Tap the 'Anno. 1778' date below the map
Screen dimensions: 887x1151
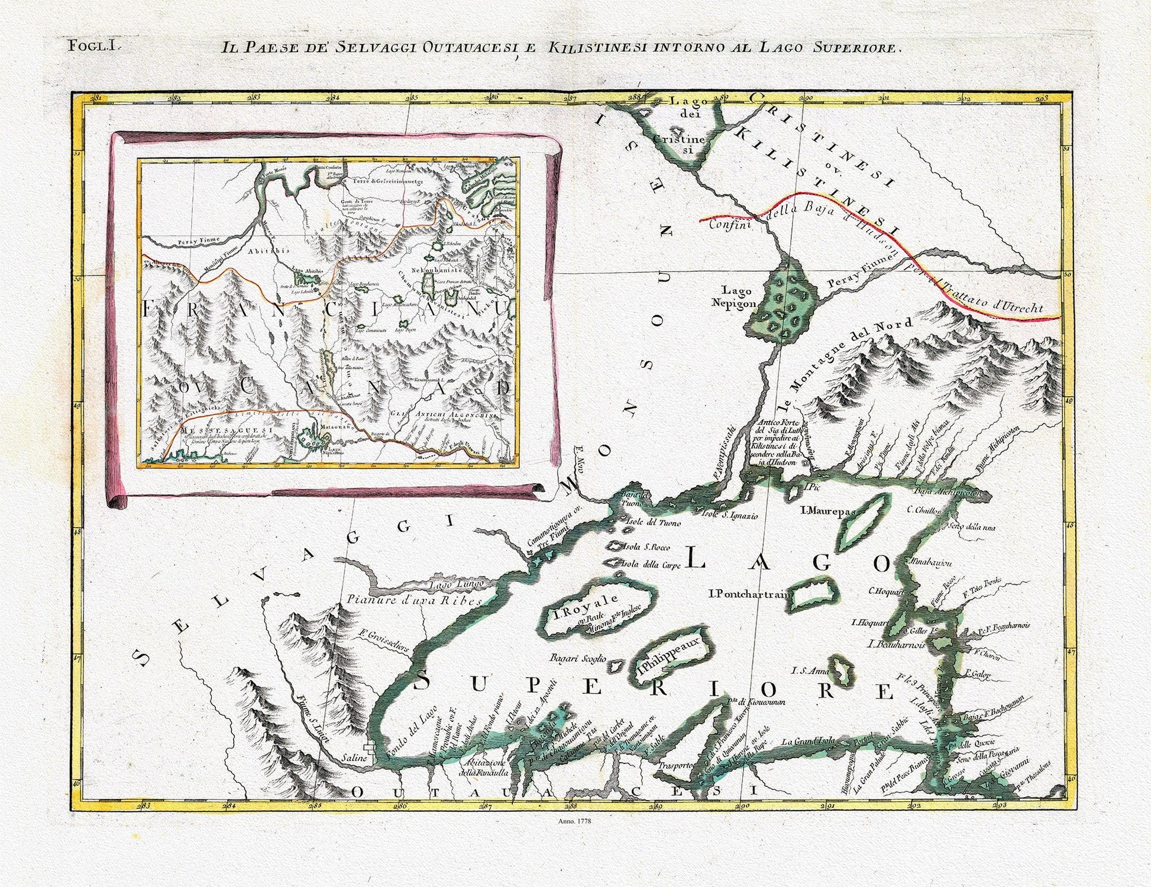coord(575,821)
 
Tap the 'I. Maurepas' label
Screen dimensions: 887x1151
coord(821,510)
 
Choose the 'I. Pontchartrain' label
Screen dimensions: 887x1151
coord(749,595)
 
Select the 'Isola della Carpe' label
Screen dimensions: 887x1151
coord(647,565)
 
